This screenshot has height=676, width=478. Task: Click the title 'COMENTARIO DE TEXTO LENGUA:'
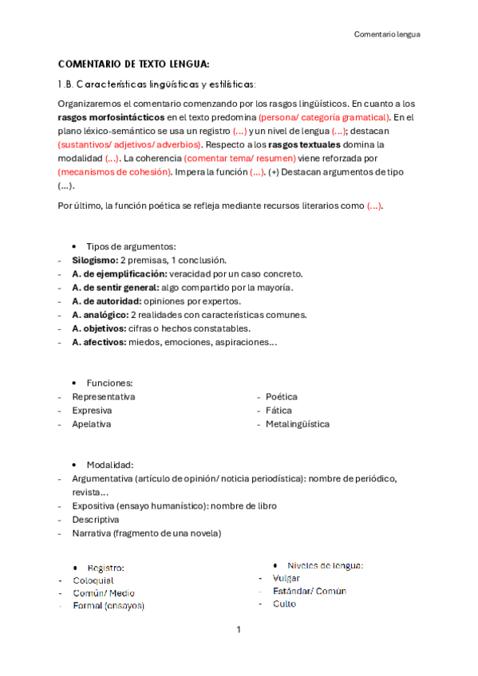coord(134,64)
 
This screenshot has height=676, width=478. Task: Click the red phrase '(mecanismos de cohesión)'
coord(115,171)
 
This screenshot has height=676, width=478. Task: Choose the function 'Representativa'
coord(104,396)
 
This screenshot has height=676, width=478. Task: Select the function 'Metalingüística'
coord(298,424)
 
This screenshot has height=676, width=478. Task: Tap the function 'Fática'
coord(279,411)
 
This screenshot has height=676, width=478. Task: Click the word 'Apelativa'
coord(92,424)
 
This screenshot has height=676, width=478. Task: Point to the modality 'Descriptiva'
coord(96,519)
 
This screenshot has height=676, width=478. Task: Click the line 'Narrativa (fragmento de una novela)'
coord(147,533)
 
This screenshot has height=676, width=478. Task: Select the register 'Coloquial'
coord(93,580)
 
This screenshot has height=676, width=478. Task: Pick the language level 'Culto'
coord(284,604)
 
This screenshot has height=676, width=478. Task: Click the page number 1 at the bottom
coord(238,630)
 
